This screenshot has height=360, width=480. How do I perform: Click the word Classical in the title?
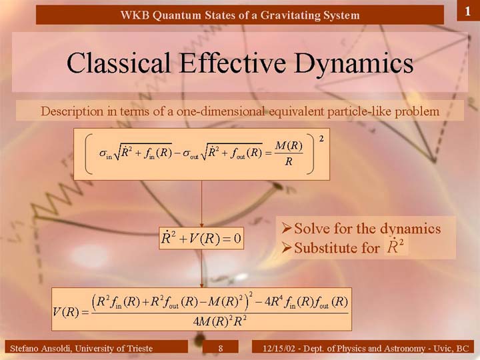pyautogui.click(x=118, y=63)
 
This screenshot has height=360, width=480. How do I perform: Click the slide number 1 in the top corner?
pyautogui.click(x=467, y=11)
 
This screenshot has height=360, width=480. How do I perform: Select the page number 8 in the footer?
pyautogui.click(x=221, y=348)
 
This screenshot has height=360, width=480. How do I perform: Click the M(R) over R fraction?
pyautogui.click(x=289, y=153)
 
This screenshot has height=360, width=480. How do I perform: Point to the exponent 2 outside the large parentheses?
pyautogui.click(x=321, y=139)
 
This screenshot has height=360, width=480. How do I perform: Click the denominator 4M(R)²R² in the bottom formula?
pyautogui.click(x=220, y=322)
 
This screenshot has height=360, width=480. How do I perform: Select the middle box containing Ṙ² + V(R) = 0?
pyautogui.click(x=201, y=238)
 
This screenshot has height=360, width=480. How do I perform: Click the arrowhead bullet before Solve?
pyautogui.click(x=286, y=228)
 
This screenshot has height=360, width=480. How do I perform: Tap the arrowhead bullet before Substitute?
pyautogui.click(x=286, y=247)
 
